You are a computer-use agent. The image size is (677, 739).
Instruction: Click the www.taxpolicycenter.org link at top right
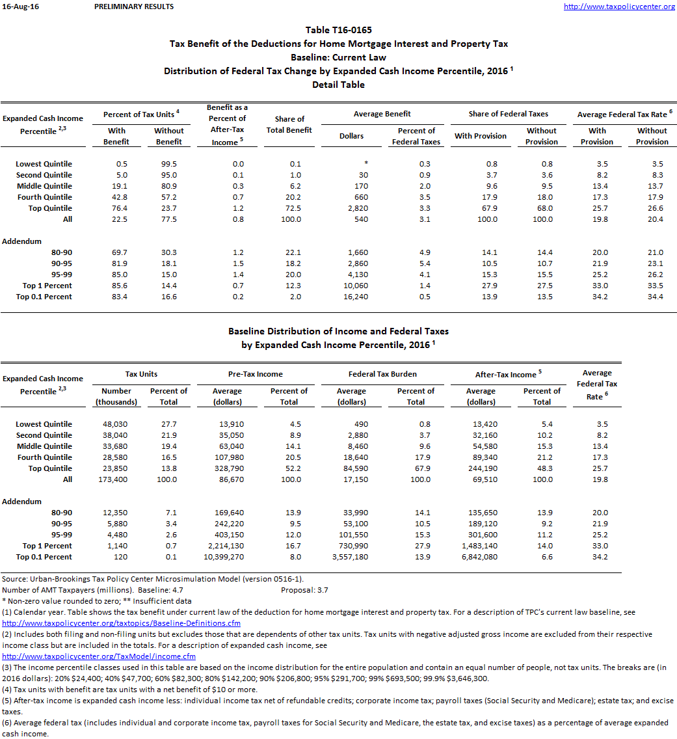point(619,7)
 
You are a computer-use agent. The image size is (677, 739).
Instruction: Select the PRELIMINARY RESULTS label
point(134,7)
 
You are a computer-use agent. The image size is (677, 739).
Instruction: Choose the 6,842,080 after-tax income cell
point(481,557)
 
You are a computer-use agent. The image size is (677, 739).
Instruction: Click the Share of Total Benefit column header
point(289,124)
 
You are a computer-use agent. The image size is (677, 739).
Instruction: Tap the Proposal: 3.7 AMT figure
point(300,590)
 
